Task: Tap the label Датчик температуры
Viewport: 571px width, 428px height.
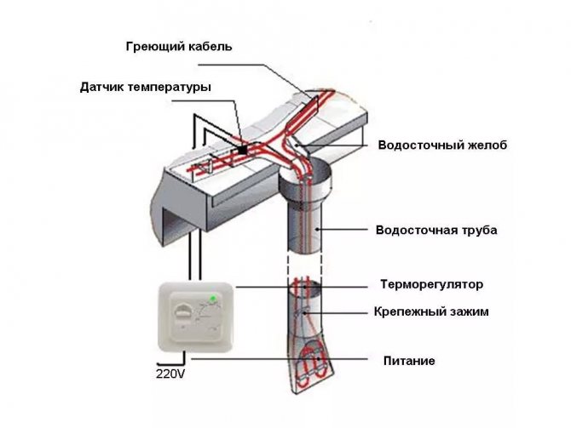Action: coord(145,87)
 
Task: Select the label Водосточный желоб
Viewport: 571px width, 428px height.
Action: coord(442,146)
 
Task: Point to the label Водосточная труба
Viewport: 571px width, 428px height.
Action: coord(435,230)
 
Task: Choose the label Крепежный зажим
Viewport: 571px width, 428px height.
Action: coord(431,312)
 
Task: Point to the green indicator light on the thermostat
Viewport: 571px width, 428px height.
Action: coord(211,299)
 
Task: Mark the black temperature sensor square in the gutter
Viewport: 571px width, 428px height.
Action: coord(244,151)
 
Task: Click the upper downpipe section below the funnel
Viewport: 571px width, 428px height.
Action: coord(306,230)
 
